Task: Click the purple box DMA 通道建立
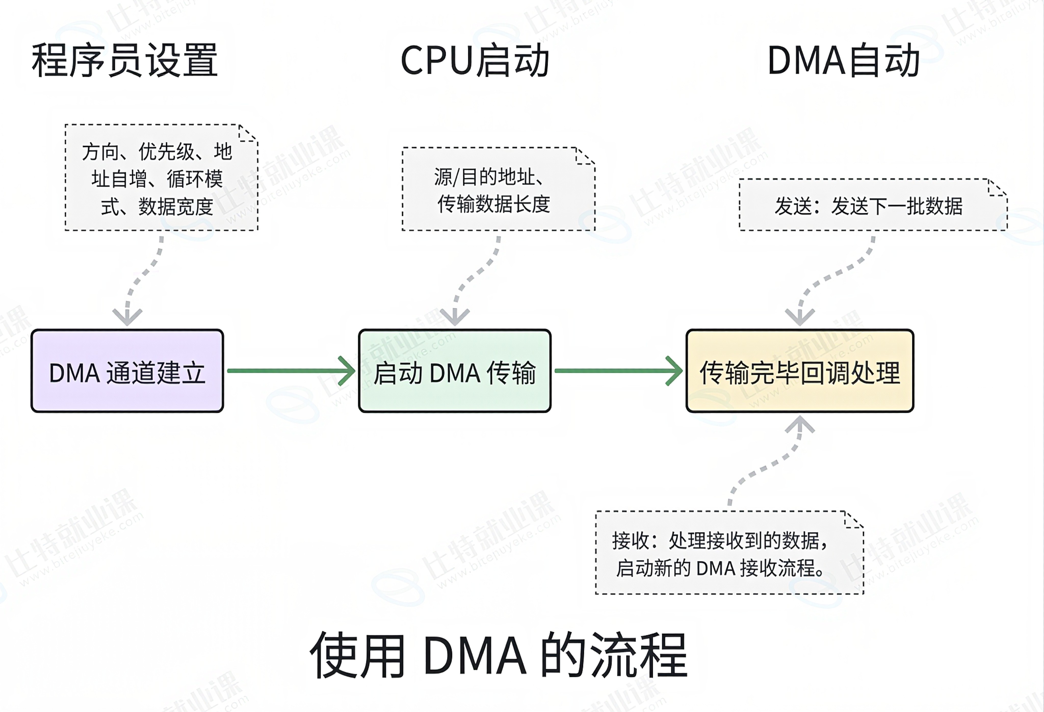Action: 127,371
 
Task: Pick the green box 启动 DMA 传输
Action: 455,371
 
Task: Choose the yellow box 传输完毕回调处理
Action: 800,371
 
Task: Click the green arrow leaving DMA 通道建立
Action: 291,371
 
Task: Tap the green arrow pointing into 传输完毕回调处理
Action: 619,371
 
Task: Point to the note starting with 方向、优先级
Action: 161,177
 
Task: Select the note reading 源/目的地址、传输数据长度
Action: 499,189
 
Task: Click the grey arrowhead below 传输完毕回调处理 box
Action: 800,424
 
